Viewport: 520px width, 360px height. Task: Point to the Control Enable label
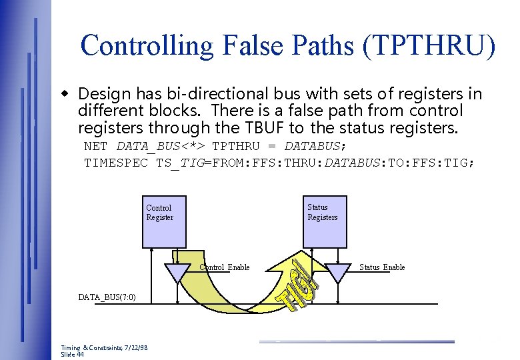[x=225, y=267]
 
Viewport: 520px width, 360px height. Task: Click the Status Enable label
[x=382, y=267]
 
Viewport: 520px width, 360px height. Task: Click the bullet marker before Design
[x=65, y=93]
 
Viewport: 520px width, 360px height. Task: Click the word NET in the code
[x=96, y=146]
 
